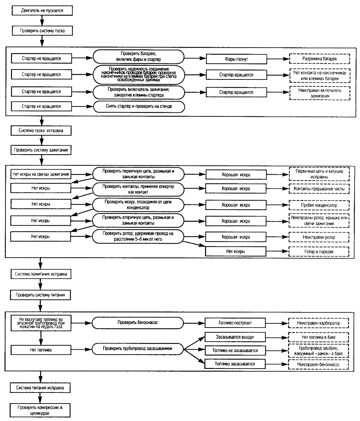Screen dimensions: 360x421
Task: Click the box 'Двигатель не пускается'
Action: click(42, 10)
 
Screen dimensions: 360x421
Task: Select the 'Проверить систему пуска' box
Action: click(42, 30)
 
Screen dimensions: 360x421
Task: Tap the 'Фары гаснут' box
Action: click(236, 59)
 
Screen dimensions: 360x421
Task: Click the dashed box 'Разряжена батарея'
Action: click(320, 59)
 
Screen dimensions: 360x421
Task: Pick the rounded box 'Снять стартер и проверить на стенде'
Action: click(139, 107)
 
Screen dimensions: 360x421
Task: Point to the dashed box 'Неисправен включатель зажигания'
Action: click(320, 93)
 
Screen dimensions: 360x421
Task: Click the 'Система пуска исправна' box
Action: click(41, 131)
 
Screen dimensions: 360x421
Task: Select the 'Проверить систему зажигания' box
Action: click(41, 150)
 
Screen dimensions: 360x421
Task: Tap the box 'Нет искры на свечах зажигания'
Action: click(41, 174)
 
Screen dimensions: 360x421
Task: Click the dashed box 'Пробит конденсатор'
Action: click(319, 205)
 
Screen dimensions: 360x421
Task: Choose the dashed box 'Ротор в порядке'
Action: click(319, 251)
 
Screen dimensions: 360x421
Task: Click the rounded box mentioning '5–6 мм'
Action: click(138, 236)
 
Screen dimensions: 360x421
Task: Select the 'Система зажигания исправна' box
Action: click(41, 274)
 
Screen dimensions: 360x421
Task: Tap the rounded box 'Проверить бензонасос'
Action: click(137, 323)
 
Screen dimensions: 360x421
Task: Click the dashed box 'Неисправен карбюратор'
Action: click(319, 323)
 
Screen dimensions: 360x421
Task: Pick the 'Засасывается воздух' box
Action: click(235, 337)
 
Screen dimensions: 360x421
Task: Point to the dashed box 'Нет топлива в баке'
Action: click(319, 337)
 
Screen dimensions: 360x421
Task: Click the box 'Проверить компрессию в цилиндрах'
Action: click(40, 410)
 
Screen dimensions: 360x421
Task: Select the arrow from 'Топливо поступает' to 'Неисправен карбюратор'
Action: click(277, 323)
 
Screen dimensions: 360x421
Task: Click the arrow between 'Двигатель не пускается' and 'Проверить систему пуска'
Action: click(42, 21)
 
